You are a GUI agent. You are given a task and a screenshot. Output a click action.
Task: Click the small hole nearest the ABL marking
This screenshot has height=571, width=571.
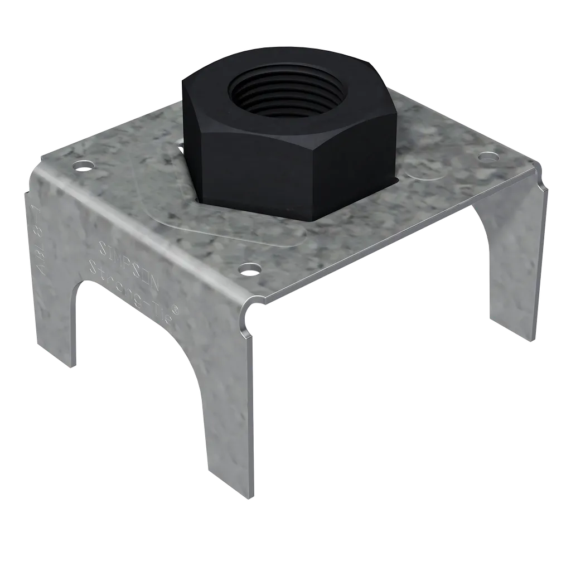(x=84, y=166)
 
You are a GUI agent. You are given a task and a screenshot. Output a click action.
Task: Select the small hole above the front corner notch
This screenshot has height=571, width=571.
(x=250, y=270)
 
